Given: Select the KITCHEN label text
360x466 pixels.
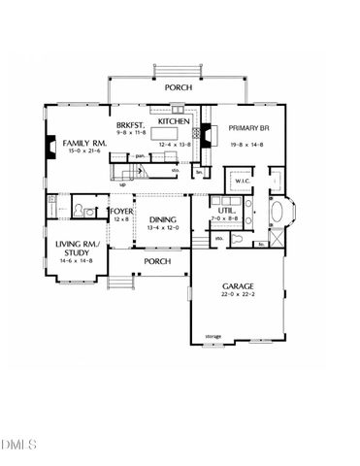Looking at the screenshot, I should click(x=173, y=122).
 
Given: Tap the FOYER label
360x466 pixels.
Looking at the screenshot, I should click(x=120, y=211).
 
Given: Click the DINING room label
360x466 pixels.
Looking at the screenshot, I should click(x=162, y=220).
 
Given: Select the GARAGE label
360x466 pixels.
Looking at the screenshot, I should click(x=239, y=286).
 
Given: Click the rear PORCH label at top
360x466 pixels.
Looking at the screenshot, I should click(x=178, y=87).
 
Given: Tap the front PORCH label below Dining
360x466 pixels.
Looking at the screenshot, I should click(x=156, y=261).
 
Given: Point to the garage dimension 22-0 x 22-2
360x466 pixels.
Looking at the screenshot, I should click(x=239, y=296).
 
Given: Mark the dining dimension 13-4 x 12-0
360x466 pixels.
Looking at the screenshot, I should click(x=162, y=230).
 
